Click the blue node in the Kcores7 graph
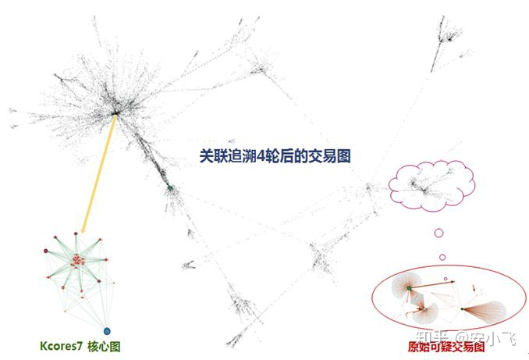click(107, 332)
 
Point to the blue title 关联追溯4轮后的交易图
click(274, 155)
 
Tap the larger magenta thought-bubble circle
click(438, 233)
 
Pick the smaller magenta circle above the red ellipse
click(442, 257)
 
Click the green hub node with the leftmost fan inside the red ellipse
click(408, 289)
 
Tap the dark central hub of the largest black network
click(115, 114)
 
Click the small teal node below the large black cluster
click(169, 187)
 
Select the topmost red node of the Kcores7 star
click(76, 233)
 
